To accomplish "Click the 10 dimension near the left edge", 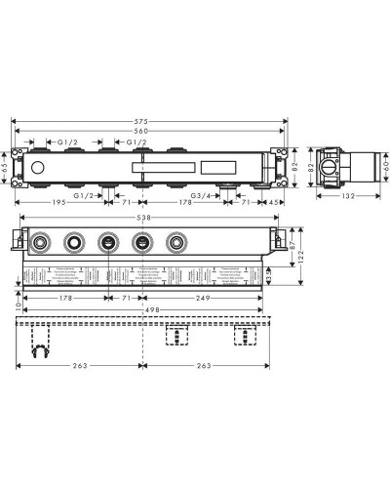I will [18, 305].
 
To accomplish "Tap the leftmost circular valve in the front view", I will [41, 243].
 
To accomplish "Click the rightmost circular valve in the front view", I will [176, 243].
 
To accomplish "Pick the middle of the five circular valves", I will [108, 243].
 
